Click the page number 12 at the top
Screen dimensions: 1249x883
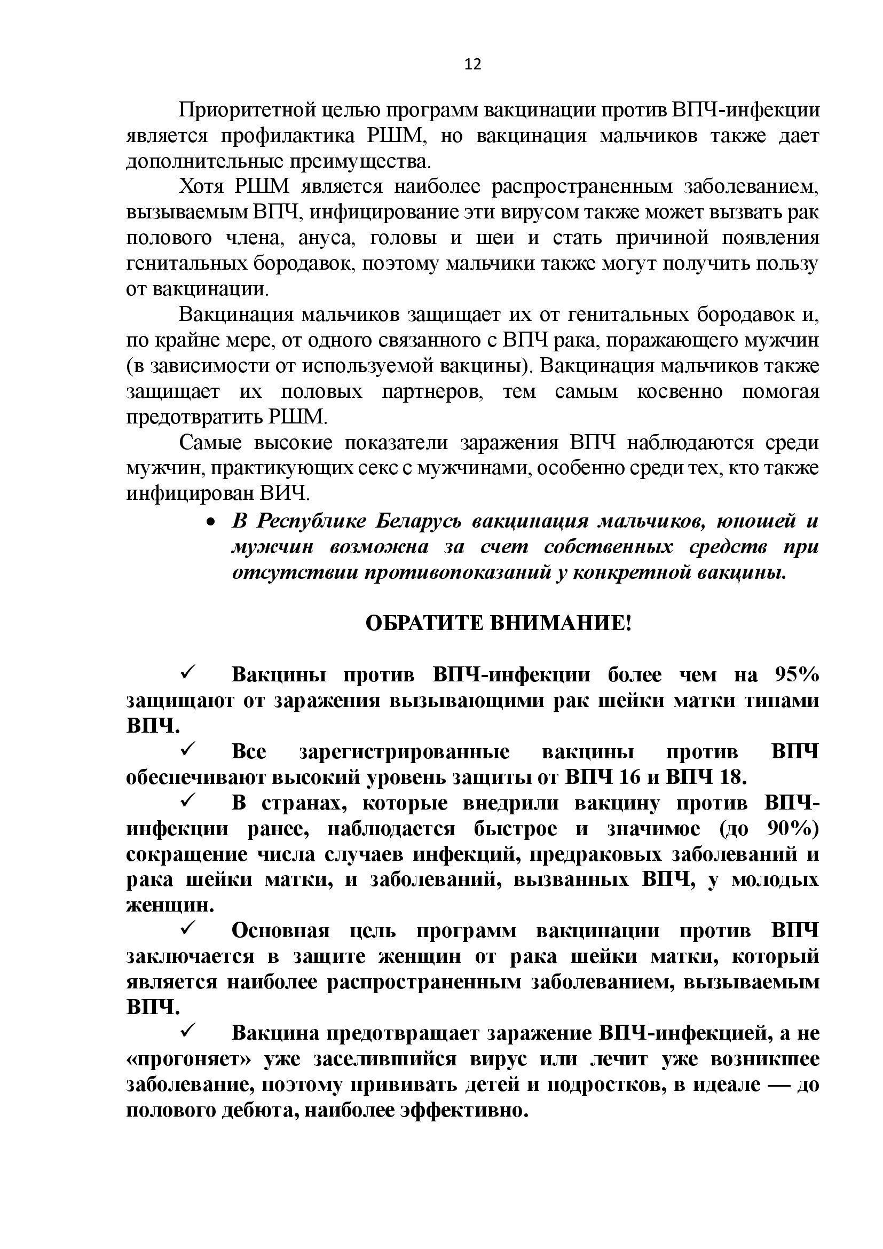[472, 65]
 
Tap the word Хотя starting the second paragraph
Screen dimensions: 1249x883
[201, 186]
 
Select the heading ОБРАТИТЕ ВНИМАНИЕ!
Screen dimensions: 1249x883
[498, 623]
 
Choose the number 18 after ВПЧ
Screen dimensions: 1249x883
[730, 778]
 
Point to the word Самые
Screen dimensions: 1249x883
[210, 443]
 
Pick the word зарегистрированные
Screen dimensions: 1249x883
[405, 752]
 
